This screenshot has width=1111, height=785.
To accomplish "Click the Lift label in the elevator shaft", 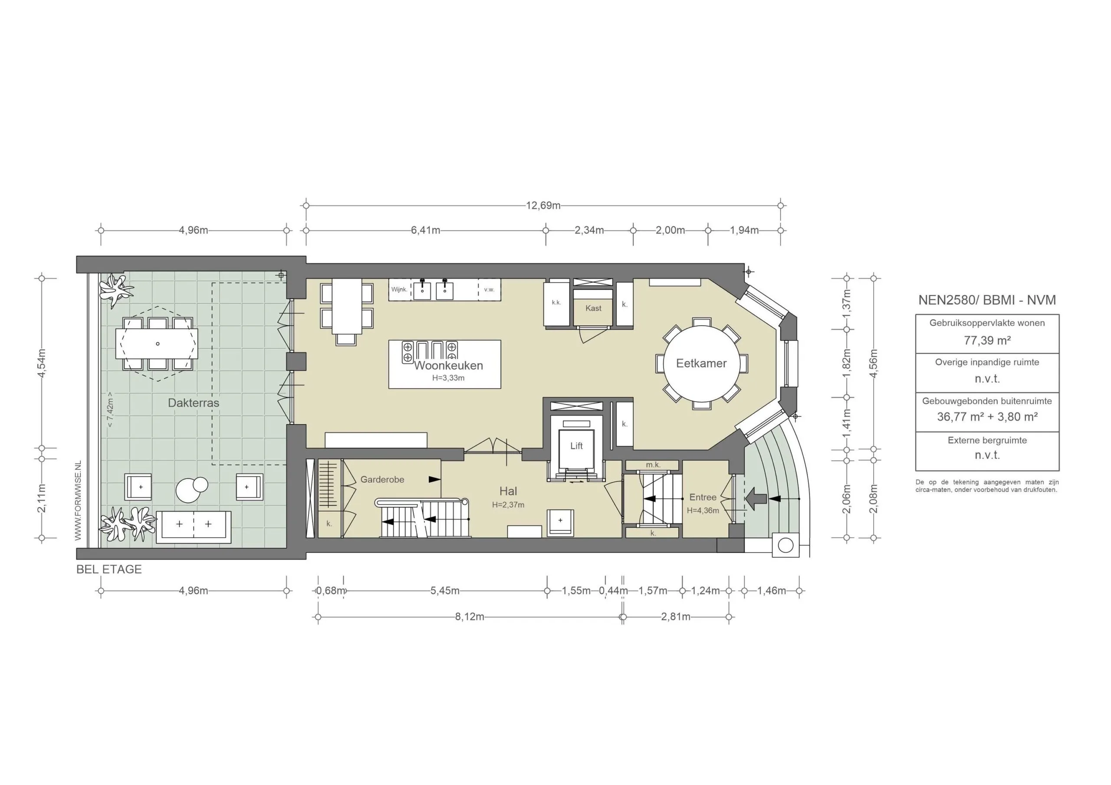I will click(x=576, y=446).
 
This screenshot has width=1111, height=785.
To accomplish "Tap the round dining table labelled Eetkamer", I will click(x=701, y=364).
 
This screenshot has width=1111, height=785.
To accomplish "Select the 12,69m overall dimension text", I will click(x=543, y=206).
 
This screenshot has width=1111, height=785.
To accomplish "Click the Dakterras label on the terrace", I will click(x=194, y=403).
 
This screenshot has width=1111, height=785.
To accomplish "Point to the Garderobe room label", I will click(x=382, y=479).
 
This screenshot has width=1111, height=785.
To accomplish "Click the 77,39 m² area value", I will click(x=987, y=340).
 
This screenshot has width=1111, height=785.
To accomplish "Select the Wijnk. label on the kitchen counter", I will click(x=399, y=290).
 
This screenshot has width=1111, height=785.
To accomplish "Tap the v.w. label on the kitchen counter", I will click(x=489, y=290).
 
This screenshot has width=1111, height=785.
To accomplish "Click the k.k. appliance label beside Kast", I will click(x=556, y=303).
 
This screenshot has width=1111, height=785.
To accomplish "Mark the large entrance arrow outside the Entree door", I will click(x=757, y=499).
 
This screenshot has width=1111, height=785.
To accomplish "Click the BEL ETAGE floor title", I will click(x=109, y=569).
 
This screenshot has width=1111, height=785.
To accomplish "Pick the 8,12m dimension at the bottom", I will click(x=470, y=617).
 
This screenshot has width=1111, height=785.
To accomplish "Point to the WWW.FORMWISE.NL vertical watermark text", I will click(x=78, y=501).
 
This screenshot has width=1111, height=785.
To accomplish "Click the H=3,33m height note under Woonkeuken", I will click(x=448, y=378).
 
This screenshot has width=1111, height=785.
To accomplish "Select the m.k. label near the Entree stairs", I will click(x=653, y=465).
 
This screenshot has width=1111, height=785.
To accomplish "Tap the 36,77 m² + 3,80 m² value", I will click(x=987, y=417).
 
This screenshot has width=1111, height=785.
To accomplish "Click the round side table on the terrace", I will click(x=192, y=490).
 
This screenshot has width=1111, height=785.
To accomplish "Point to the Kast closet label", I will click(x=593, y=308).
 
